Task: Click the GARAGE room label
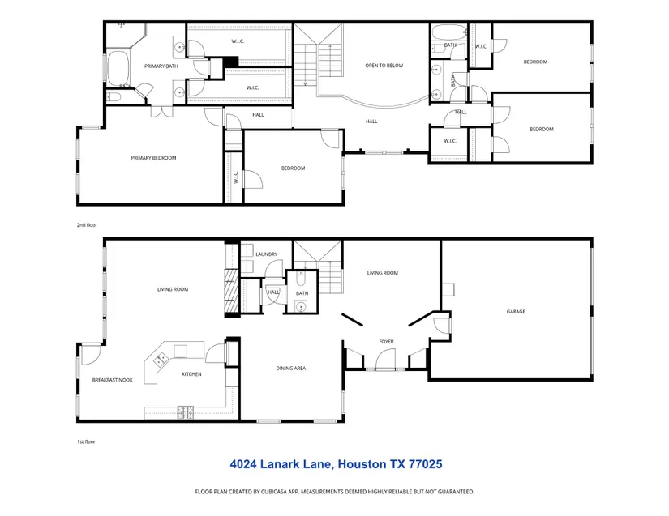click(516, 312)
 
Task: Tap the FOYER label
click(386, 341)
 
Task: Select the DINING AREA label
click(290, 368)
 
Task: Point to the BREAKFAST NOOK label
click(112, 380)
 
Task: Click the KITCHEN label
click(191, 374)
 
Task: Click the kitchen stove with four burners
click(185, 412)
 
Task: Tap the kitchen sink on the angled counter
click(161, 360)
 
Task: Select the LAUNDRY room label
click(266, 254)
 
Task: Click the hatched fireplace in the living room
click(232, 292)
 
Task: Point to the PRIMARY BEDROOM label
click(153, 158)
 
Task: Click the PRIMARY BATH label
click(161, 66)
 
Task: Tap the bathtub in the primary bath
click(118, 68)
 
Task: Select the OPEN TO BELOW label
click(384, 66)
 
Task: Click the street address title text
click(336, 464)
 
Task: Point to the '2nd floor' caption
click(87, 225)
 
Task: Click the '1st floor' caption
click(86, 441)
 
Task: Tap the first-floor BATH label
click(302, 293)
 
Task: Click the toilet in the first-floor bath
click(300, 278)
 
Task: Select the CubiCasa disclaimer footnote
click(334, 492)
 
